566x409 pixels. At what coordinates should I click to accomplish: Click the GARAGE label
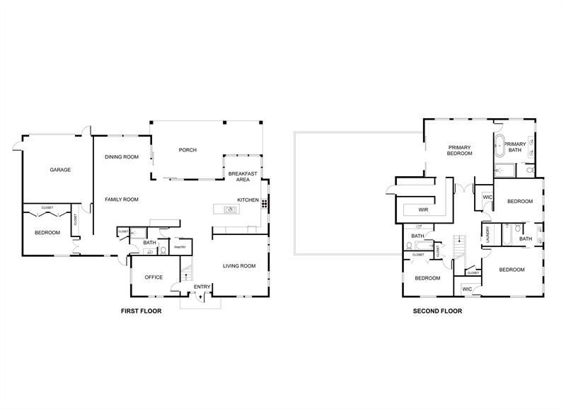coord(59,170)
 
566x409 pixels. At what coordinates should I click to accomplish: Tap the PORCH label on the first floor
coord(187,150)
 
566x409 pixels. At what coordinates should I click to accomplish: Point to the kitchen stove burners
coord(265,204)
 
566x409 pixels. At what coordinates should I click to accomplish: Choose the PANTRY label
coord(180,247)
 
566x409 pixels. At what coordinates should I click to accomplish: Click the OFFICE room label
coord(154,277)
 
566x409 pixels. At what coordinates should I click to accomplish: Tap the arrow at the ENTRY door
coord(202,297)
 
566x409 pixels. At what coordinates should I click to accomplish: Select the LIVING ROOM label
coord(239,266)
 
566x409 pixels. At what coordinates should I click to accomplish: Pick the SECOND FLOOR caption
coord(437,311)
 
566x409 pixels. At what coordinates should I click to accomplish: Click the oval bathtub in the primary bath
coord(499,146)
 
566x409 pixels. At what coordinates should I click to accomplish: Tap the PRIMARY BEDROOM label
coord(459,151)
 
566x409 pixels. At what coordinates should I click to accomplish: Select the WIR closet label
coord(424,210)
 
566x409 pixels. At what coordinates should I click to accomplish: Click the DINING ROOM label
coord(122,157)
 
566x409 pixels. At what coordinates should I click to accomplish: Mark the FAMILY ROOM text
coord(122,200)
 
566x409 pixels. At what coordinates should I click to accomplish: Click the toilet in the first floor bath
coord(163,250)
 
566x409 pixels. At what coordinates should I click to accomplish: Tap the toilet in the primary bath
coord(529,170)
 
